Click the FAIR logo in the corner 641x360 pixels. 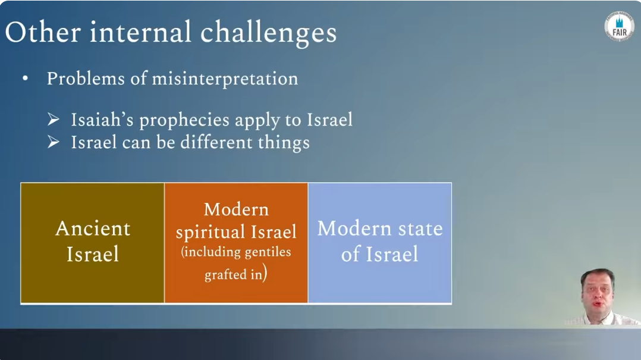pos(620,27)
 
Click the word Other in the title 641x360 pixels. pos(43,32)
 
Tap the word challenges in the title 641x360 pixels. pos(268,33)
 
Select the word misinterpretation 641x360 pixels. pos(225,79)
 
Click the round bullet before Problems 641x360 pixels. pos(26,78)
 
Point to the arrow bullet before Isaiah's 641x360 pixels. pos(53,120)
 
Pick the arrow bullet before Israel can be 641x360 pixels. pos(53,142)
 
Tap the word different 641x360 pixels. pos(216,142)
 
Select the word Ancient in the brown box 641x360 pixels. pos(93,228)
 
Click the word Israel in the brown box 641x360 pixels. pos(93,254)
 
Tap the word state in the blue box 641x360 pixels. pos(420,228)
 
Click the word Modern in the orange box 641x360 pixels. pos(236,209)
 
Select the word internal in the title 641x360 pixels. pos(140,32)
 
